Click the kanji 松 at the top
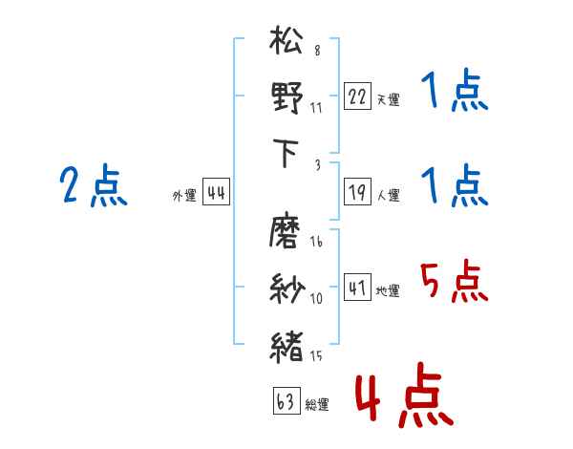(286, 43)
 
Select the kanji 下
(286, 153)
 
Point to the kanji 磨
(286, 232)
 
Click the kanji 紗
(286, 287)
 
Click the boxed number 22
(357, 96)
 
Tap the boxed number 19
(357, 193)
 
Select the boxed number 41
(357, 289)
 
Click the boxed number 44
(216, 193)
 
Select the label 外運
(183, 196)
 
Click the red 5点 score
(454, 282)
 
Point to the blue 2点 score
(93, 186)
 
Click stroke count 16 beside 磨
(316, 243)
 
